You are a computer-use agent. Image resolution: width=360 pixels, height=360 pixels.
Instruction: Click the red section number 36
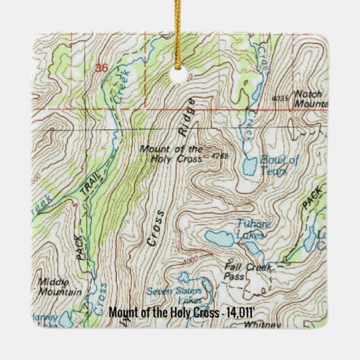[102, 68]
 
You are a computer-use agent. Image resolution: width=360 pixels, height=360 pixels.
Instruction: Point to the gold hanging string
[180, 34]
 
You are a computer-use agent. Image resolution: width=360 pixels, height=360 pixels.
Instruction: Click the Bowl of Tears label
[280, 166]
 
